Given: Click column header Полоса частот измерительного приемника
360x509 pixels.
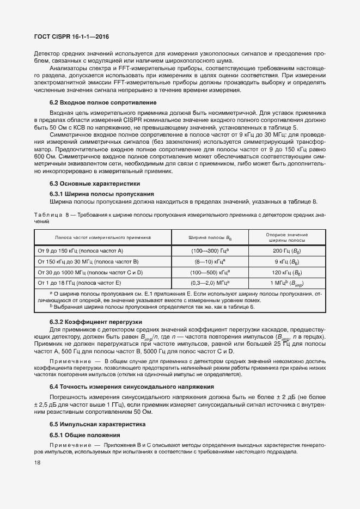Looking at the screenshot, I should point(103,238).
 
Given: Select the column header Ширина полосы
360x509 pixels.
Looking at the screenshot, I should point(210,238).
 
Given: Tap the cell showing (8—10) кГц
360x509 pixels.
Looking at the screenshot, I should point(210,261).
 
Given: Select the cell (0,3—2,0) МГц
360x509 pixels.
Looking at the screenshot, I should point(210,283).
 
